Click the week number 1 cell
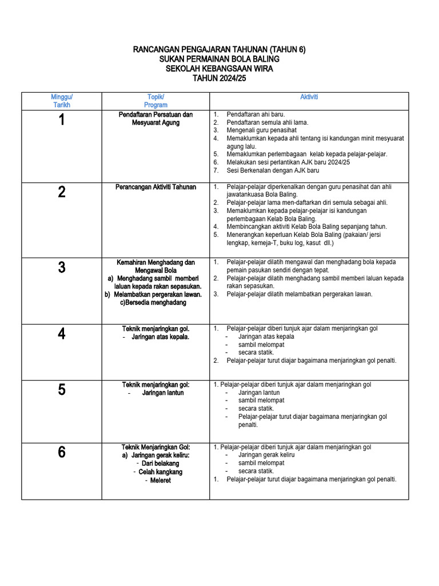tap(62, 120)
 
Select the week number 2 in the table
tap(62, 192)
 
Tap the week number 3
tap(62, 267)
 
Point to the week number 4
tap(62, 334)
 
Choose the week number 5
tap(62, 390)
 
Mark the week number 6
tap(62, 452)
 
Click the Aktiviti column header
tap(309, 97)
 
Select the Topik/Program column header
tap(156, 101)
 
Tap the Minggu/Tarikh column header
tap(62, 101)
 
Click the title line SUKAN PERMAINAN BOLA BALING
tap(219, 60)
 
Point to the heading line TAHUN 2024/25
tap(219, 78)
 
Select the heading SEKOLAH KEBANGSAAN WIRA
tap(219, 69)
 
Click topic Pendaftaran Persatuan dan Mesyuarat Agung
tap(156, 118)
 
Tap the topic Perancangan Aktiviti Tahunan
tap(156, 187)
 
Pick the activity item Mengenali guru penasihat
tap(261, 130)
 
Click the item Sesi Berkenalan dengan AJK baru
tap(273, 171)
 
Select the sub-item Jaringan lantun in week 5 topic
tap(163, 393)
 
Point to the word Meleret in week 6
tap(161, 481)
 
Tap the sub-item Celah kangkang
tap(161, 472)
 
